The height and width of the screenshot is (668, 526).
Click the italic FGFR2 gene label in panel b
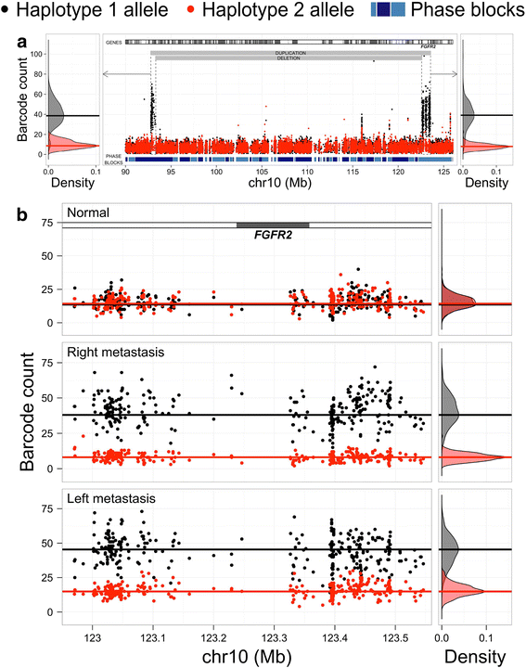(273, 237)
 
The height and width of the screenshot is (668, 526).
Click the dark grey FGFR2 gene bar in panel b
(273, 225)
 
